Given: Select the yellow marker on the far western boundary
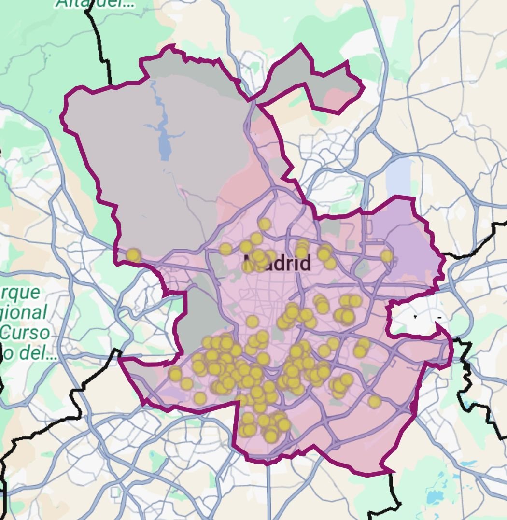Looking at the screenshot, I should pyautogui.click(x=132, y=255).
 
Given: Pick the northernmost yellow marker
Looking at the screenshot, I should pyautogui.click(x=264, y=224).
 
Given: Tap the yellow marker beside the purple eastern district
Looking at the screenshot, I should pyautogui.click(x=386, y=256).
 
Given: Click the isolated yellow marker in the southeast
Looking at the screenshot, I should pyautogui.click(x=374, y=401).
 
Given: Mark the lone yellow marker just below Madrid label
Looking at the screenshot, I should pyautogui.click(x=252, y=322).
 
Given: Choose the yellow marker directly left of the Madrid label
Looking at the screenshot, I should pyautogui.click(x=225, y=249).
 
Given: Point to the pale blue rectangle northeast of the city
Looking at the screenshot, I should pyautogui.click(x=398, y=173).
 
